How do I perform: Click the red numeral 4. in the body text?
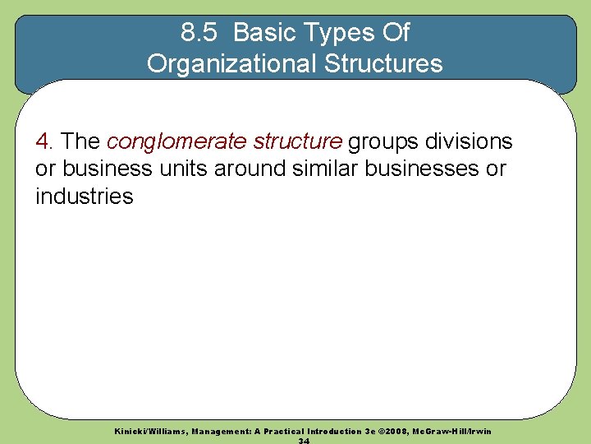pyautogui.click(x=45, y=141)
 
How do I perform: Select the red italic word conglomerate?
pyautogui.click(x=176, y=141)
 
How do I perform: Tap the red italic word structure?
pyautogui.click(x=297, y=141)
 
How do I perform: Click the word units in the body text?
pyautogui.click(x=183, y=169)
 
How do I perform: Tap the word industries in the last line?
pyautogui.click(x=84, y=196)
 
